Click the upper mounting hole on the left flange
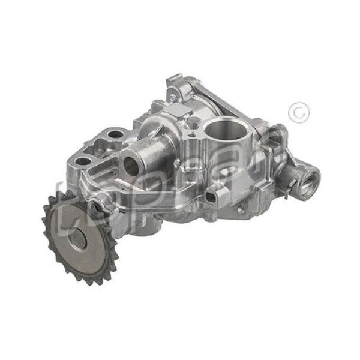[114, 134]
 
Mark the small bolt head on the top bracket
[172, 97]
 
